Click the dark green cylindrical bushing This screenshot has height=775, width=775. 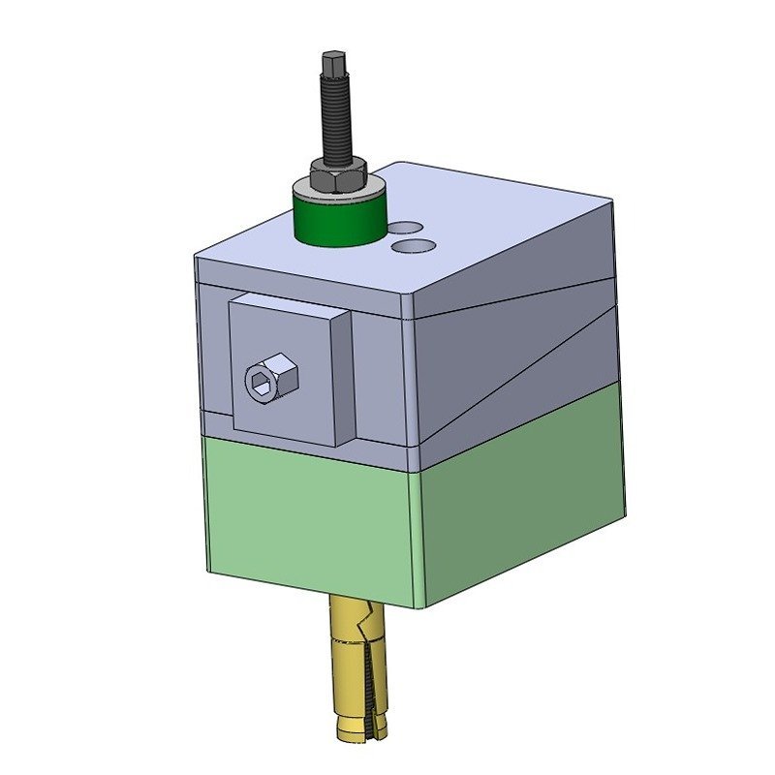point(340,218)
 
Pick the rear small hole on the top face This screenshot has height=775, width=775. point(407,228)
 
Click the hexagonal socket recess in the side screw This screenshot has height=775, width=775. point(260,381)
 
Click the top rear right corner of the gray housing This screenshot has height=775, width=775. point(613,201)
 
